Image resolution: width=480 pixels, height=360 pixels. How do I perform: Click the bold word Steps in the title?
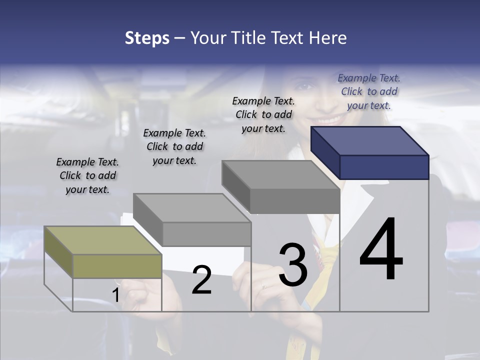coord(147,38)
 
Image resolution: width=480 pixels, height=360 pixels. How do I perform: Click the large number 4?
coord(381,250)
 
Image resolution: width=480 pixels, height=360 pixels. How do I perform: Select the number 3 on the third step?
coord(293,265)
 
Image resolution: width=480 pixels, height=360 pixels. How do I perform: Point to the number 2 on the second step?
coord(202,280)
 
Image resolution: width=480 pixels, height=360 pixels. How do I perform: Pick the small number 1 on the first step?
coord(115,295)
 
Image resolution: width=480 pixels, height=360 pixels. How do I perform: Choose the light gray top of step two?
coord(192,208)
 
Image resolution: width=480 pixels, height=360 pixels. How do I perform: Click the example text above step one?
coord(87,175)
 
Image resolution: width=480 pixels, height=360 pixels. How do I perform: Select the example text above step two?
coord(174,146)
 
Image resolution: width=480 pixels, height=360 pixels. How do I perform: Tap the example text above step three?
coord(263,114)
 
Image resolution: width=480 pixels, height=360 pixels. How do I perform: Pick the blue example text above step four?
coord(369,91)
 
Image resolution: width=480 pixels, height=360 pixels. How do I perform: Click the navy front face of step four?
coord(384,167)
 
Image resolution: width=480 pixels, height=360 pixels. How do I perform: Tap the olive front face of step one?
coord(117,266)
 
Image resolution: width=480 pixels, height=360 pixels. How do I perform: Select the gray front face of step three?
coord(295,201)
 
